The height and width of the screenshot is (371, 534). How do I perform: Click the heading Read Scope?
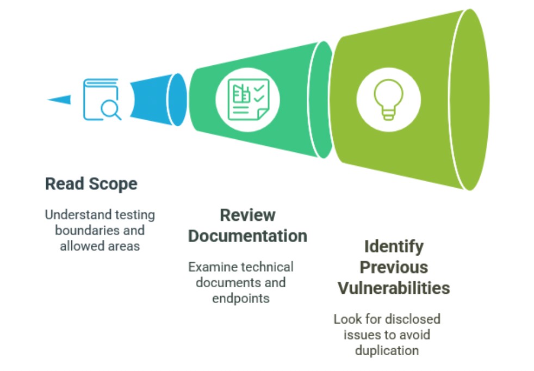click(91, 184)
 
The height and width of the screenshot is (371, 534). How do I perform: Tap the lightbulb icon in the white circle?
click(388, 100)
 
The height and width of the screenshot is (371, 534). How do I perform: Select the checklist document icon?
click(249, 100)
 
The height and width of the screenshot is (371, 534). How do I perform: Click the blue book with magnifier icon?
click(102, 100)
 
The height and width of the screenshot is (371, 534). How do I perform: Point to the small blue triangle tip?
click(48, 100)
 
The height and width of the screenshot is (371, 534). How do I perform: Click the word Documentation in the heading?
click(247, 236)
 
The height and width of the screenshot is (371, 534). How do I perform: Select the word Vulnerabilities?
click(394, 288)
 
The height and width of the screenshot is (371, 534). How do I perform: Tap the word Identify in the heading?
click(394, 247)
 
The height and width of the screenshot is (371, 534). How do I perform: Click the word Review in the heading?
click(247, 215)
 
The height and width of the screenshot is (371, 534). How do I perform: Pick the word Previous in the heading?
click(394, 268)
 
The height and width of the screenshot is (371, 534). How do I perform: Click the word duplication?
click(387, 350)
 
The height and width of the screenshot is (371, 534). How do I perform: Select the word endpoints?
click(241, 299)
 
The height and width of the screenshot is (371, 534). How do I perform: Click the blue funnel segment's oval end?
click(177, 100)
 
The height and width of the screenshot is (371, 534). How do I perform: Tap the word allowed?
click(81, 246)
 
